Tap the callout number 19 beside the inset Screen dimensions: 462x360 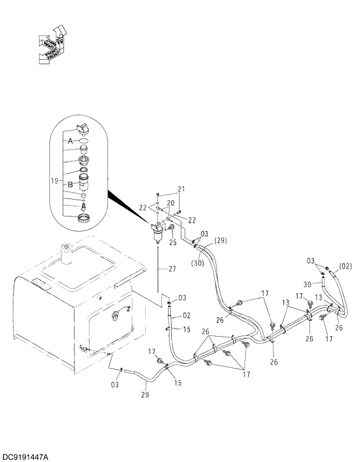[54, 181]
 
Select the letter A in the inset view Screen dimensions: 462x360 [70, 141]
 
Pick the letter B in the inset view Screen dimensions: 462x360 [70, 184]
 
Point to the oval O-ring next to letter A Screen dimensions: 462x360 [84, 140]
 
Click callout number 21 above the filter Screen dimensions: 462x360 [181, 189]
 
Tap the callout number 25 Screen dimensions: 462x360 [173, 243]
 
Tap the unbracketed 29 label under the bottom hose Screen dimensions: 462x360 [145, 395]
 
